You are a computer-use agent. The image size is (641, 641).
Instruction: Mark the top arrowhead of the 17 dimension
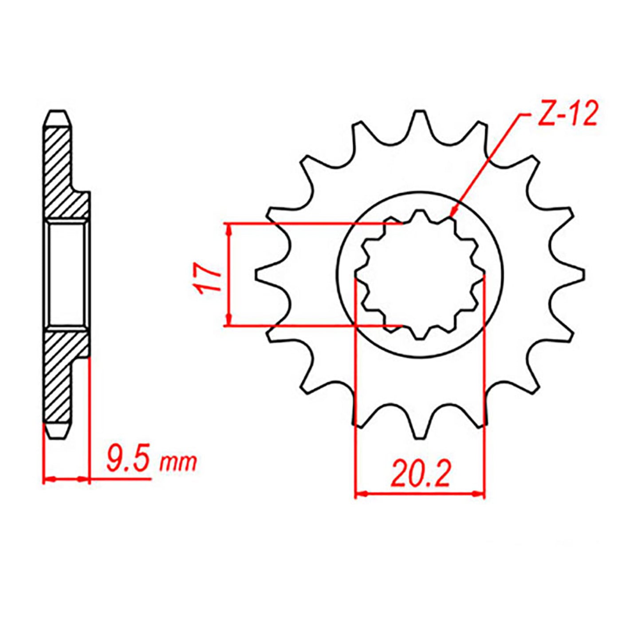[228, 229]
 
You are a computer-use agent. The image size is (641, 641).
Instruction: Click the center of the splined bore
[420, 275]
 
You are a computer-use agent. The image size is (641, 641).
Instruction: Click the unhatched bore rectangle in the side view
[67, 275]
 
